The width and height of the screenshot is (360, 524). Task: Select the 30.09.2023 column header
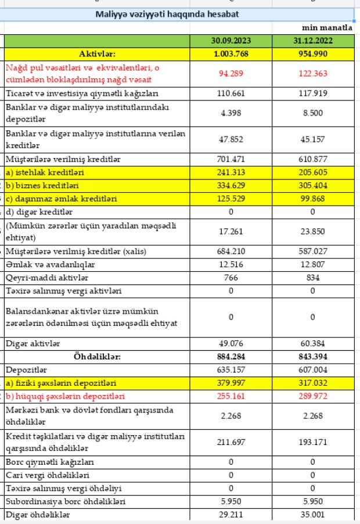pos(231,41)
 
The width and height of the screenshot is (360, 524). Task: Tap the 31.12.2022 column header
pos(312,41)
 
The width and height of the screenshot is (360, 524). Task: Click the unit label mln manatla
pos(327,27)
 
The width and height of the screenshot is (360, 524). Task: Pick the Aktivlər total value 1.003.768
pos(231,53)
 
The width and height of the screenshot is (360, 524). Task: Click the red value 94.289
pos(231,73)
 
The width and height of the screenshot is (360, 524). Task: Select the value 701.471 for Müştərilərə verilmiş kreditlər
pos(231,159)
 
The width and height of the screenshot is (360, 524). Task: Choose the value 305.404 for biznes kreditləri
pos(312,186)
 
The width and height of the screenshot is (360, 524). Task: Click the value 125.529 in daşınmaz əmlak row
pos(231,199)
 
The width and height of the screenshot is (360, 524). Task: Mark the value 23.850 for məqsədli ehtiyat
pos(312,231)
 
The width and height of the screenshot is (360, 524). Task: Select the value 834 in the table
pos(312,278)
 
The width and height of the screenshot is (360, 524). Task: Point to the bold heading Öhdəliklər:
pos(98,356)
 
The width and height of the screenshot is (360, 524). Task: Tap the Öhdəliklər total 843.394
pos(312,356)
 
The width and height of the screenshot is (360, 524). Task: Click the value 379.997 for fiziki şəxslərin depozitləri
pos(231,383)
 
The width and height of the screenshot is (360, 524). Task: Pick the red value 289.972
pos(312,396)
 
